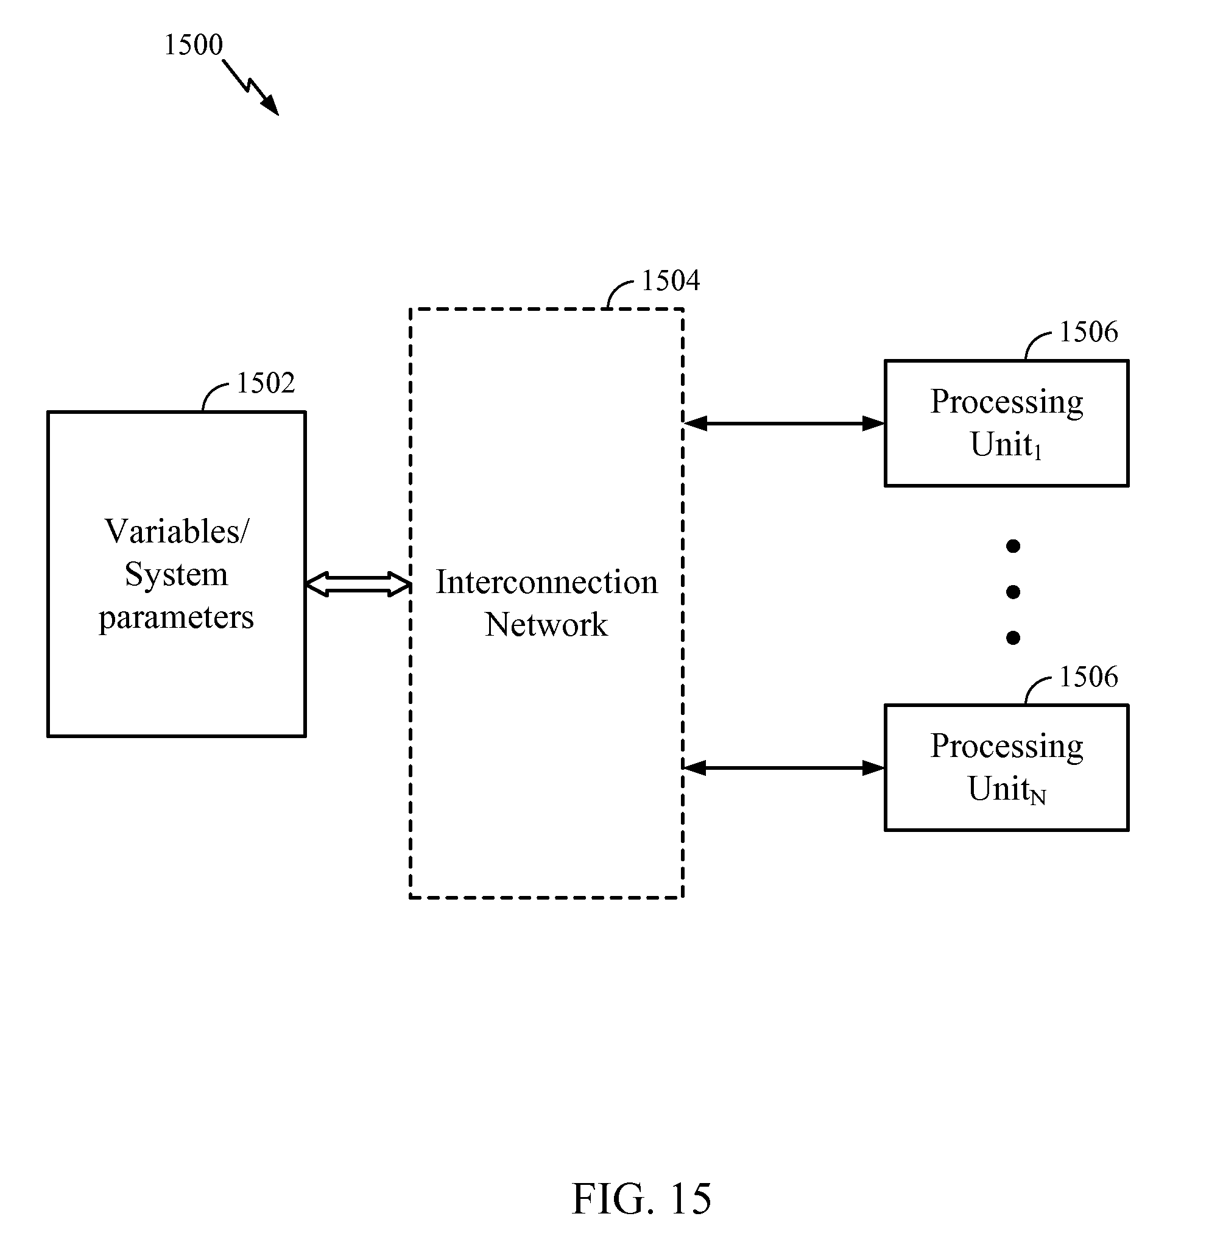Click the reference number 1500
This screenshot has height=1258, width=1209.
point(193,45)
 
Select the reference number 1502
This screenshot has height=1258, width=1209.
point(266,383)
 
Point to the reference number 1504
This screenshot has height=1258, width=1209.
point(670,280)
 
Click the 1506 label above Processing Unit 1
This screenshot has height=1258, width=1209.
point(1088,332)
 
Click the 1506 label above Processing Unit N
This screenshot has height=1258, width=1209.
point(1088,677)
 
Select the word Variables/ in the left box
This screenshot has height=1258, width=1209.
point(177,531)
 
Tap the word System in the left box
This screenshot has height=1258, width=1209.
point(177,574)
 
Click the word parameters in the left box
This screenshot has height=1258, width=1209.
point(177,617)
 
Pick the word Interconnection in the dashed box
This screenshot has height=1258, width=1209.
point(546,582)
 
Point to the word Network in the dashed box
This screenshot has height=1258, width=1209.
point(546,625)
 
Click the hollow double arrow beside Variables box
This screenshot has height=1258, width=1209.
point(358,584)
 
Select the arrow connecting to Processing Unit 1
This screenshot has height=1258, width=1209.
point(784,424)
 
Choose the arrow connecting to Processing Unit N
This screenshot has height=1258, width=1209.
point(784,767)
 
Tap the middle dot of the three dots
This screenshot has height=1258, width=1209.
point(1013,592)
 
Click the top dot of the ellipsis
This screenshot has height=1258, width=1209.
point(1013,546)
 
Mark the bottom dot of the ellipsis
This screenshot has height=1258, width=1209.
point(1013,638)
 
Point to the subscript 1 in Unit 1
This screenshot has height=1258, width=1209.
point(1038,453)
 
